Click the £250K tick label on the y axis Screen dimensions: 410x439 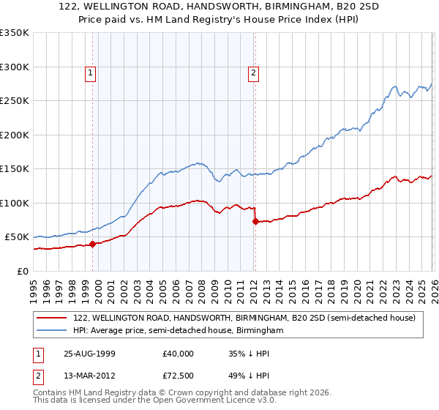(14, 101)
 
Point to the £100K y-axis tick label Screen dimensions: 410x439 (14, 203)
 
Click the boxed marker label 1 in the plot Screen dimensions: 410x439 (89, 72)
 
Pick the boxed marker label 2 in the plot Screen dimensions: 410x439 (252, 72)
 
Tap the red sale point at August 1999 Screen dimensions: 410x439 (93, 245)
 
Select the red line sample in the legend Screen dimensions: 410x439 (53, 318)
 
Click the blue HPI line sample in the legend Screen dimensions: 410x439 (53, 331)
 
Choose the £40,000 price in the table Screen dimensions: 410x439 (178, 353)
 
